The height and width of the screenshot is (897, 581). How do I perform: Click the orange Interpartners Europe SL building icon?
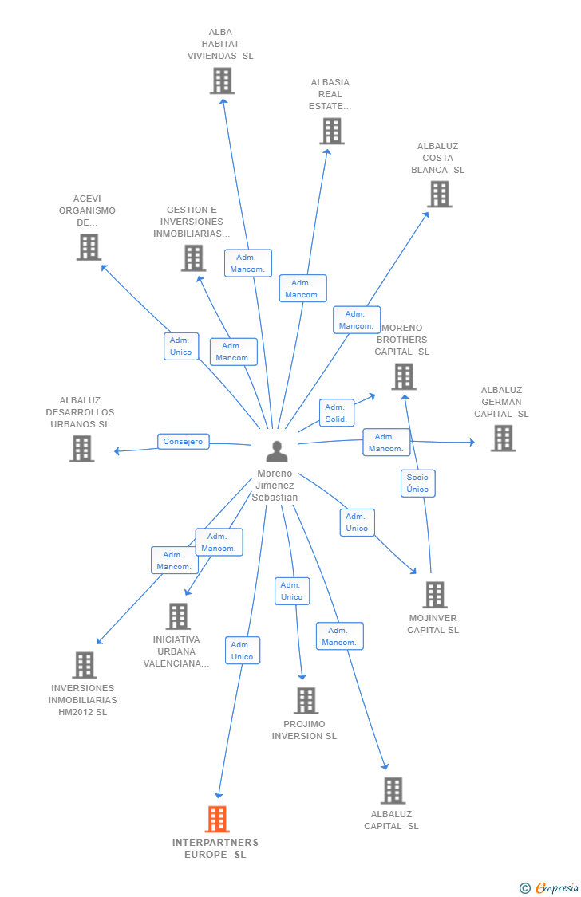pyautogui.click(x=217, y=819)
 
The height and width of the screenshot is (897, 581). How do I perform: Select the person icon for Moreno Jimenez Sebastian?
pyautogui.click(x=276, y=452)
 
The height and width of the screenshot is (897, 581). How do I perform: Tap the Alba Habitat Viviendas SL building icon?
pyautogui.click(x=222, y=81)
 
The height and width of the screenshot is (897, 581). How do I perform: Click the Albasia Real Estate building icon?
pyautogui.click(x=332, y=131)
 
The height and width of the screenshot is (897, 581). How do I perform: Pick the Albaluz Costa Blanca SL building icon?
pyautogui.click(x=439, y=194)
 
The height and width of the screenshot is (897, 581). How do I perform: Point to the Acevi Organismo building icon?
pyautogui.click(x=89, y=247)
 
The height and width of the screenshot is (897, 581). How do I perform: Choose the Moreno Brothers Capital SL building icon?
pyautogui.click(x=404, y=376)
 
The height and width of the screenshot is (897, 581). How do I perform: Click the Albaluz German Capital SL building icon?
pyautogui.click(x=503, y=438)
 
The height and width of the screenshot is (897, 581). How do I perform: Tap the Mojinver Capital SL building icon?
pyautogui.click(x=434, y=595)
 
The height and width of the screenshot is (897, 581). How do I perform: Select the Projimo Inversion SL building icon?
pyautogui.click(x=306, y=701)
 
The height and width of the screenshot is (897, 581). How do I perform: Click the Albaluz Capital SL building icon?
pyautogui.click(x=393, y=791)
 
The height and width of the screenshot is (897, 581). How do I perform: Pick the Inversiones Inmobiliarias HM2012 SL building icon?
pyautogui.click(x=84, y=665)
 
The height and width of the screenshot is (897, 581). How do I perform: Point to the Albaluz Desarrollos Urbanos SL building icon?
pyautogui.click(x=81, y=449)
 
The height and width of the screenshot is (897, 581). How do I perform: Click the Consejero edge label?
pyautogui.click(x=183, y=441)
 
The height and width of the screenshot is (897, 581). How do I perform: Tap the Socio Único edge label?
pyautogui.click(x=417, y=483)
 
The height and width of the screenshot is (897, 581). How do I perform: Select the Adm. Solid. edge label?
pyautogui.click(x=336, y=413)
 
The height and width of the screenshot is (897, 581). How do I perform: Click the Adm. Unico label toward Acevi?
pyautogui.click(x=181, y=346)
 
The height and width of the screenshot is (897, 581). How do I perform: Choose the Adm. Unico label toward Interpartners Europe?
pyautogui.click(x=242, y=651)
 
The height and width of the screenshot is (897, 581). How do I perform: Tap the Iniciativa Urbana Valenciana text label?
pyautogui.click(x=177, y=651)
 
